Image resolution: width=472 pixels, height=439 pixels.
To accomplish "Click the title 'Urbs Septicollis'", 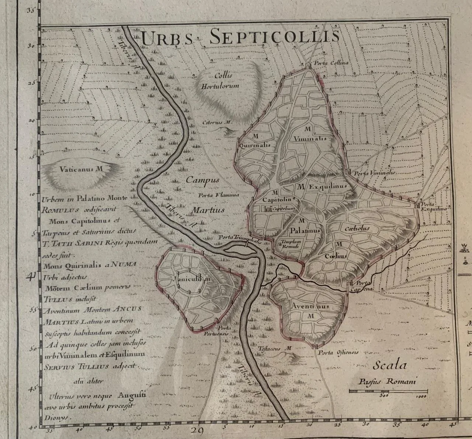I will click(240, 37).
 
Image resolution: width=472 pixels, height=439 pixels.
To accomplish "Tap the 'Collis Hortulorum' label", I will click(220, 81).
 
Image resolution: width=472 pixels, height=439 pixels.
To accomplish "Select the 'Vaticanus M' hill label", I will click(80, 169).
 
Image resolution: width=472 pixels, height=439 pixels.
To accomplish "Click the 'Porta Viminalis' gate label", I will click(374, 173).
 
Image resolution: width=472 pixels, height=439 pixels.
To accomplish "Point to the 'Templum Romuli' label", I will click(291, 244).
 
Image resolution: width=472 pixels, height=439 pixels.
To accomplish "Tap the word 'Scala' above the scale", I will click(389, 365).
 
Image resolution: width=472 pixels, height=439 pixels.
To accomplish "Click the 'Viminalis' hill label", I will click(310, 138).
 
